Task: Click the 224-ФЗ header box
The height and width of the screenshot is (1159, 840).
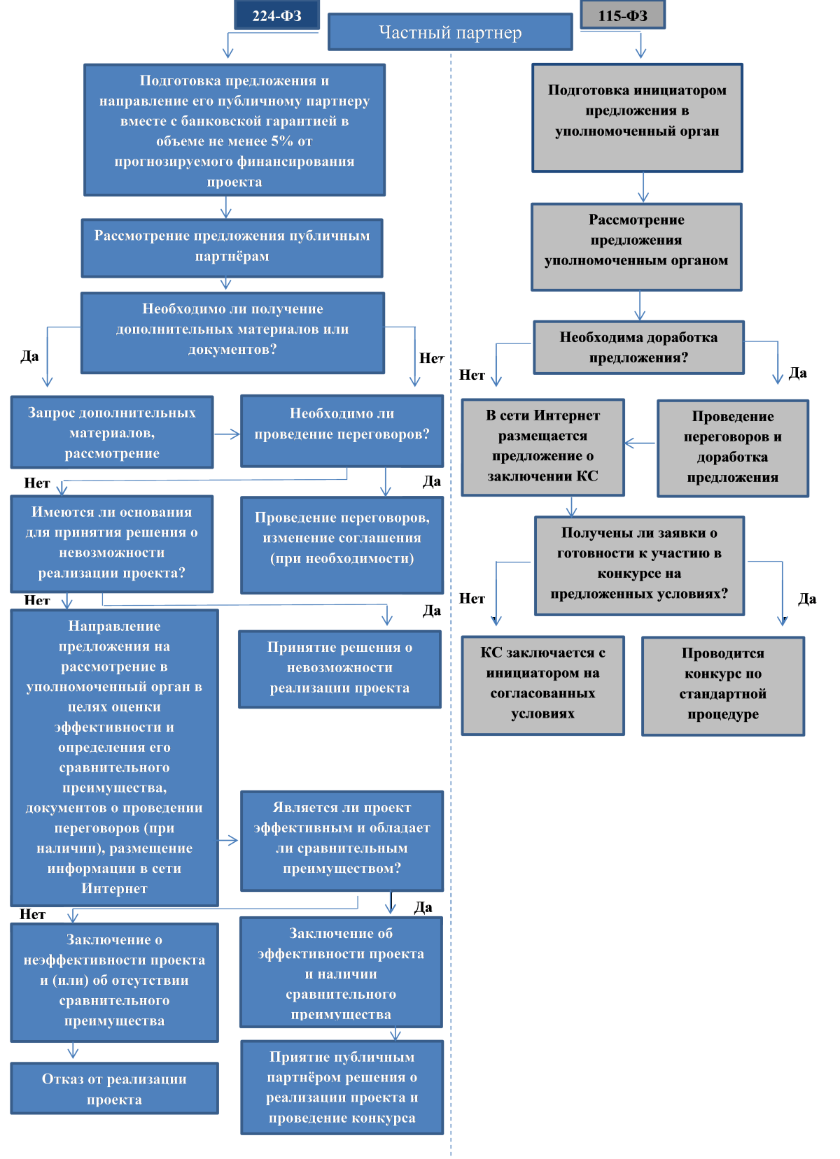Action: pyautogui.click(x=276, y=15)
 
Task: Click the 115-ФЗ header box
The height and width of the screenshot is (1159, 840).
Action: pyautogui.click(x=622, y=15)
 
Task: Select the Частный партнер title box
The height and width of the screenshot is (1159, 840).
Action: pyautogui.click(x=450, y=32)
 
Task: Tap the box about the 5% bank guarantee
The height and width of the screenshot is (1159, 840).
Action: pyautogui.click(x=234, y=130)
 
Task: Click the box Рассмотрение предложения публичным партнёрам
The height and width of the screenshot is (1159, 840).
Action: pyautogui.click(x=232, y=248)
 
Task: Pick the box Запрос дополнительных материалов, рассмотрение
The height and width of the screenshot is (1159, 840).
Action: pyautogui.click(x=112, y=432)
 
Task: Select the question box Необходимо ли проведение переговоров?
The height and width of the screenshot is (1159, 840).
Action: pyautogui.click(x=342, y=430)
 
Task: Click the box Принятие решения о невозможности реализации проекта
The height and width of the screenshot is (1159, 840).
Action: pyautogui.click(x=339, y=669)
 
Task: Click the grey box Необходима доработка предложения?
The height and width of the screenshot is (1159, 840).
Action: pyautogui.click(x=638, y=347)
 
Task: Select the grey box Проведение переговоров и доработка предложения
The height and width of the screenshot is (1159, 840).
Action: pyautogui.click(x=733, y=448)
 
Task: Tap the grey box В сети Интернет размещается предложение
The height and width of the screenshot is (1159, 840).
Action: pyautogui.click(x=542, y=447)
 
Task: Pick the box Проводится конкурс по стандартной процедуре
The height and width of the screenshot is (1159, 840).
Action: pyautogui.click(x=723, y=686)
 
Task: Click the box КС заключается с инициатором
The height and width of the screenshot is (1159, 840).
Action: pyautogui.click(x=542, y=685)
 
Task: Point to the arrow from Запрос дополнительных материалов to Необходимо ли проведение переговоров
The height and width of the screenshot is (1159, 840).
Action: pyautogui.click(x=227, y=434)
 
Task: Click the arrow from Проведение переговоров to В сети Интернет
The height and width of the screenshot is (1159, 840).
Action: pyautogui.click(x=640, y=443)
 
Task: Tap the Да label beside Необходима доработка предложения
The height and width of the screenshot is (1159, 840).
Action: pyautogui.click(x=797, y=373)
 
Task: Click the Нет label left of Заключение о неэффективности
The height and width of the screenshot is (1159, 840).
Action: pyautogui.click(x=33, y=914)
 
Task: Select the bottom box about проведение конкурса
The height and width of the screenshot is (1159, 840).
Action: pyautogui.click(x=342, y=1087)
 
